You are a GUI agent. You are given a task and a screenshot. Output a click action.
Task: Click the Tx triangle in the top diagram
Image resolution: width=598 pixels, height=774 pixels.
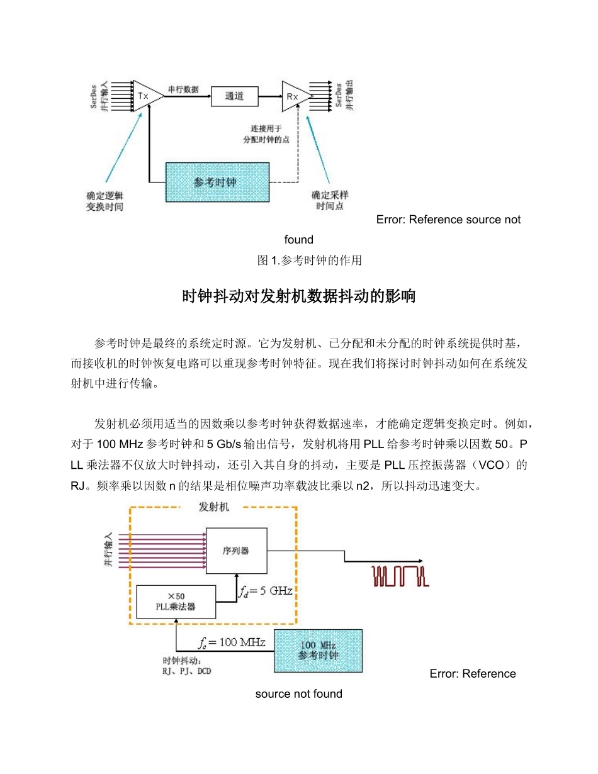pos(145,96)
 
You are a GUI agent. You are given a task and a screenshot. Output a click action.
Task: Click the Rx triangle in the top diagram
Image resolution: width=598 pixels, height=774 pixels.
pos(294,96)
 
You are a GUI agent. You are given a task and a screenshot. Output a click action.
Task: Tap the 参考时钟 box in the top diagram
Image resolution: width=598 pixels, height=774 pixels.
pos(217,182)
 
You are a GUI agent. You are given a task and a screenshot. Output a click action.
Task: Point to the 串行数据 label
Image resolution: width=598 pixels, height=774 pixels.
pos(183,89)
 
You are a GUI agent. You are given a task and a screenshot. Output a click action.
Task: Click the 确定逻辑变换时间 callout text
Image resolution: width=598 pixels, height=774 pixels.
pos(104,201)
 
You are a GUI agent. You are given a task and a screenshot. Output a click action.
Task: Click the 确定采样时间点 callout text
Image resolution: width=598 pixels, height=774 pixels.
pos(330,201)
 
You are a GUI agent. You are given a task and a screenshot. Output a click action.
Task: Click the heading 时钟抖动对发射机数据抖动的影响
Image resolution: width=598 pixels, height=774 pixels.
pos(299,296)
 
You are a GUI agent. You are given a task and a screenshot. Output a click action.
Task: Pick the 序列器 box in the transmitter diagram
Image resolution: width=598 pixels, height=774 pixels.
pos(236,550)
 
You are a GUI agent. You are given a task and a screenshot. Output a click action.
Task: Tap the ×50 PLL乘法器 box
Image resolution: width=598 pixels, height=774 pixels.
pos(176,601)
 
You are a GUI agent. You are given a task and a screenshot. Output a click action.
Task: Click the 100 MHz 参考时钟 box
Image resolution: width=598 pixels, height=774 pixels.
pos(318,650)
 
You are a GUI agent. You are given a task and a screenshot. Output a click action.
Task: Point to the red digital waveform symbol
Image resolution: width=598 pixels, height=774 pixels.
pos(400,576)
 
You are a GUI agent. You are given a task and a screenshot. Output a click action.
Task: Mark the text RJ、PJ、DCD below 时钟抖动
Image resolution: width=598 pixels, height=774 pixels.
pos(187,671)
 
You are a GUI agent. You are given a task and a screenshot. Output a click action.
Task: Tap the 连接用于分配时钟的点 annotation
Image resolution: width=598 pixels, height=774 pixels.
pos(266,134)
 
